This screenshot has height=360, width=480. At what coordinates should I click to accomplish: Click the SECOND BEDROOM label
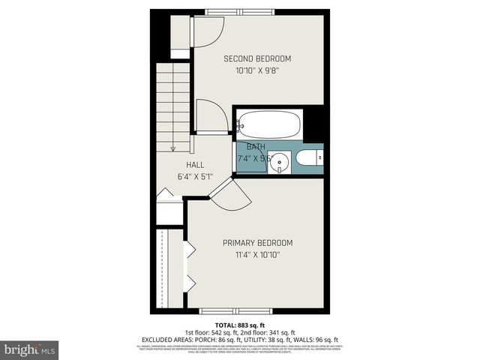(x=257, y=58)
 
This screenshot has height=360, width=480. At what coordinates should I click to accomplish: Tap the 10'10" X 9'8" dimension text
(x=257, y=71)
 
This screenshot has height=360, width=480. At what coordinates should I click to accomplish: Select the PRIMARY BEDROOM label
(x=257, y=243)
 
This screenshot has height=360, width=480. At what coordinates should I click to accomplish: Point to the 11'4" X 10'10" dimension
(x=257, y=256)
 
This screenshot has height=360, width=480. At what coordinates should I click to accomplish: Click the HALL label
(x=196, y=165)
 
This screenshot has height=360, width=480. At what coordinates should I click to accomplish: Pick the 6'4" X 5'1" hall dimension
(x=196, y=178)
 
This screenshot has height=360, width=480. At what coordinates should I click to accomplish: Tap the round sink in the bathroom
(x=280, y=160)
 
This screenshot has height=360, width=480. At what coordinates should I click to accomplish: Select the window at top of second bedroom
(x=244, y=12)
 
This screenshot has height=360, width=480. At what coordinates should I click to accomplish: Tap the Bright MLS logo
(x=30, y=349)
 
